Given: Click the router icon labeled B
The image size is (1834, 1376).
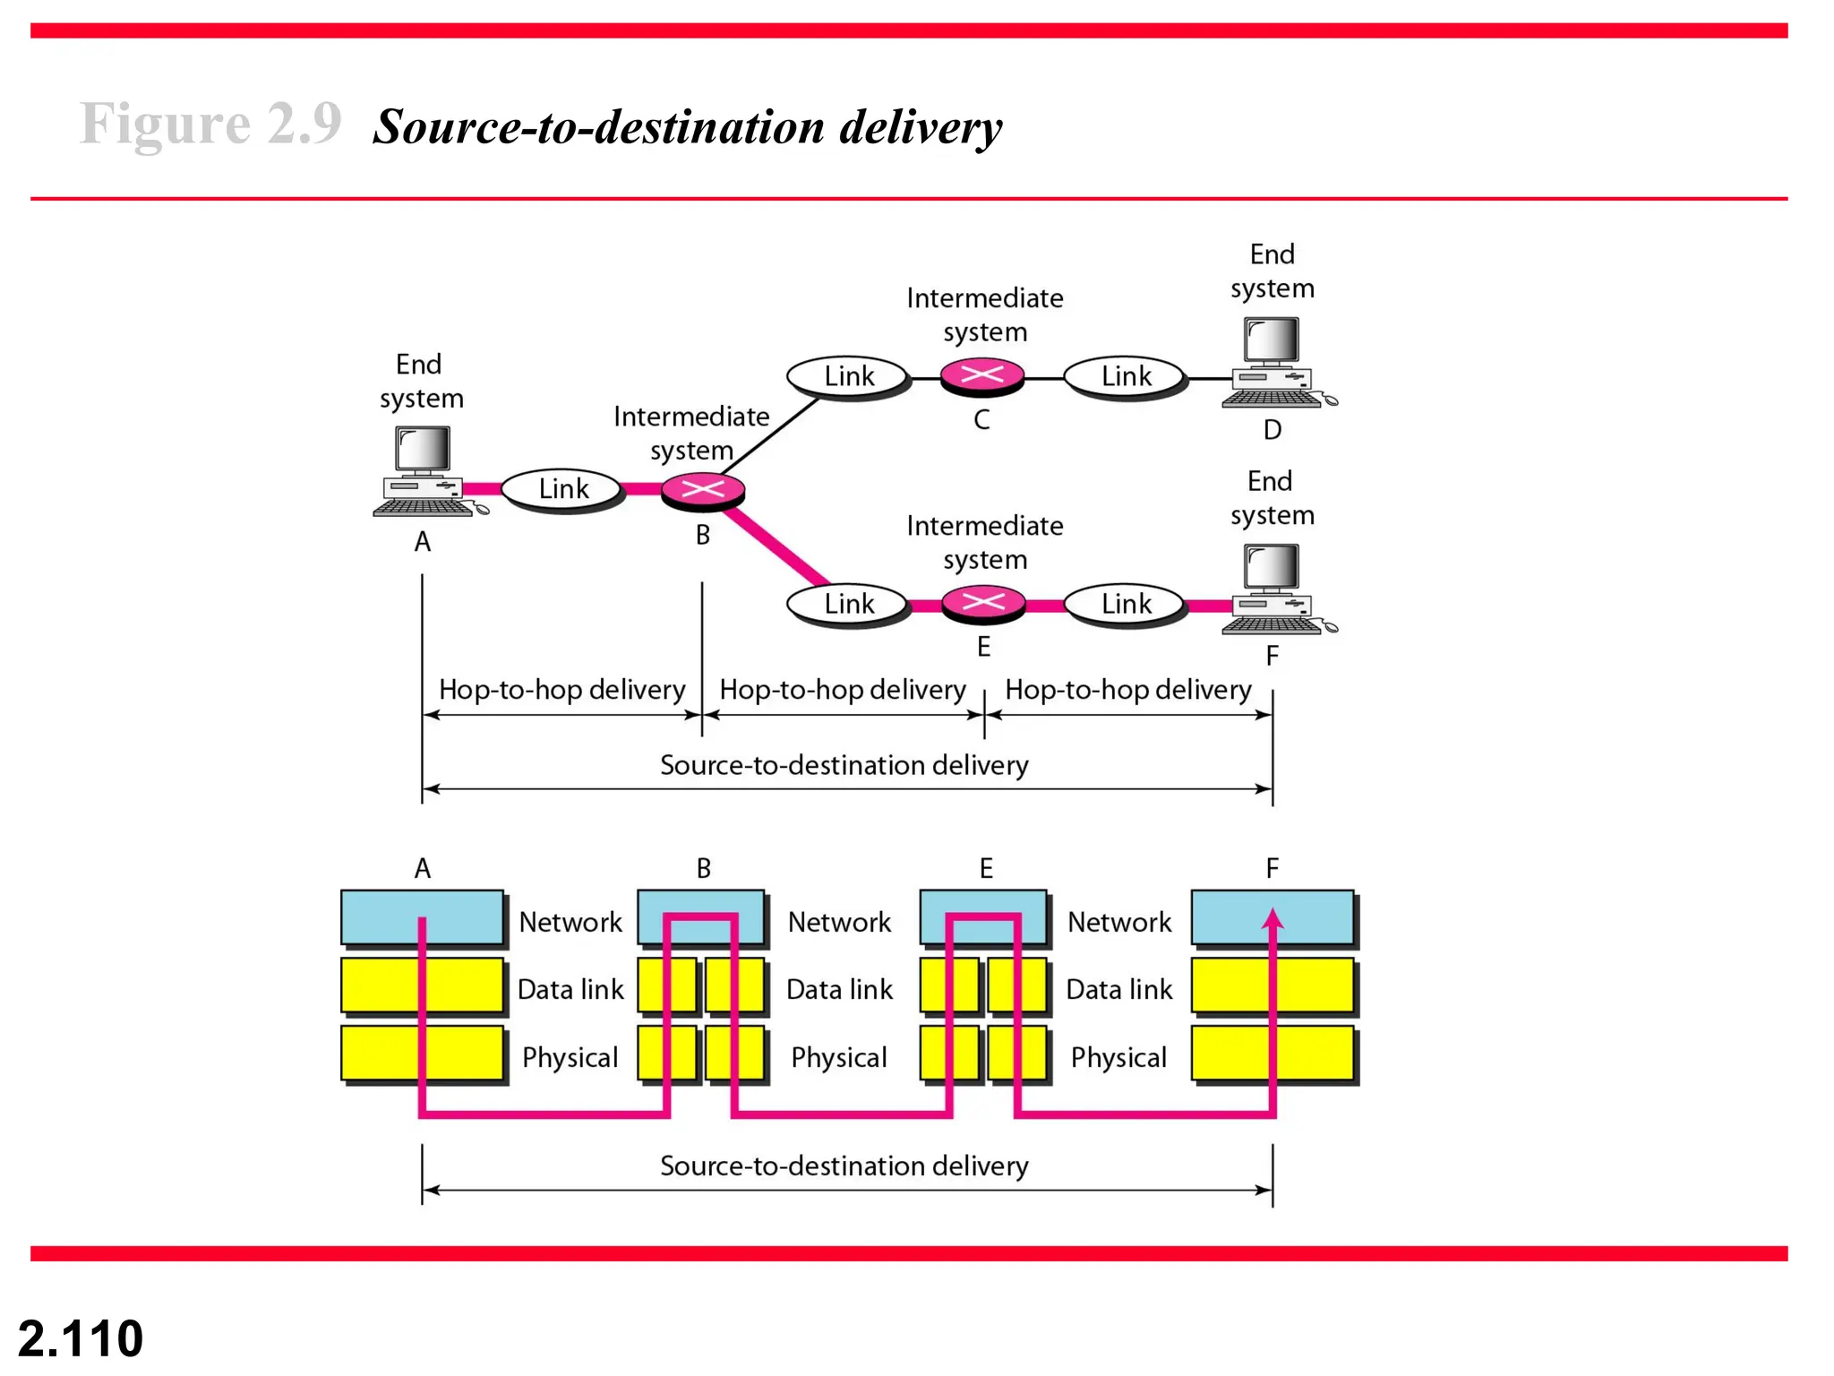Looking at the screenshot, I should pyautogui.click(x=703, y=490).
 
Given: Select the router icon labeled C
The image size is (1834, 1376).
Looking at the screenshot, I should pyautogui.click(x=982, y=376).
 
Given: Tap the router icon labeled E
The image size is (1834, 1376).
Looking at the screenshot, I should pyautogui.click(x=983, y=603).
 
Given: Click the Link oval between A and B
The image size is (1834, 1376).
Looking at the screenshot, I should pyautogui.click(x=562, y=489).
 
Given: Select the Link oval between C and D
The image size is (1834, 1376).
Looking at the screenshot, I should pyautogui.click(x=1126, y=376).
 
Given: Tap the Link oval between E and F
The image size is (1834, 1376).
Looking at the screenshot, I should pyautogui.click(x=1126, y=604).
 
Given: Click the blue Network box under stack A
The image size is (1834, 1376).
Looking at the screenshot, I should pyautogui.click(x=422, y=917).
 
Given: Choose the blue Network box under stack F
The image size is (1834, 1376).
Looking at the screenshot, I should pyautogui.click(x=1272, y=917).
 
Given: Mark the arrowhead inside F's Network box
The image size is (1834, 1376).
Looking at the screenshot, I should pyautogui.click(x=1273, y=918).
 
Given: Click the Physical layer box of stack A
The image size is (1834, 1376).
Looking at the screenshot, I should pyautogui.click(x=422, y=1053).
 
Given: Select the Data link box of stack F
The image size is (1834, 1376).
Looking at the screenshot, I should pyautogui.click(x=1272, y=985).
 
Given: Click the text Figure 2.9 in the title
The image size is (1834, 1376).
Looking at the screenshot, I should pyautogui.click(x=210, y=123).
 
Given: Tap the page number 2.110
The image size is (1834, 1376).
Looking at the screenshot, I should pyautogui.click(x=81, y=1338).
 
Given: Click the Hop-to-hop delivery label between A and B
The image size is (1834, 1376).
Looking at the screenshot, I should pyautogui.click(x=561, y=690).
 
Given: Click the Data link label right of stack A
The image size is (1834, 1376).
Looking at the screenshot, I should pyautogui.click(x=570, y=989).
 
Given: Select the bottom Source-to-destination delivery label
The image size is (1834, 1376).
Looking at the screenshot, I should pyautogui.click(x=844, y=1165).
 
